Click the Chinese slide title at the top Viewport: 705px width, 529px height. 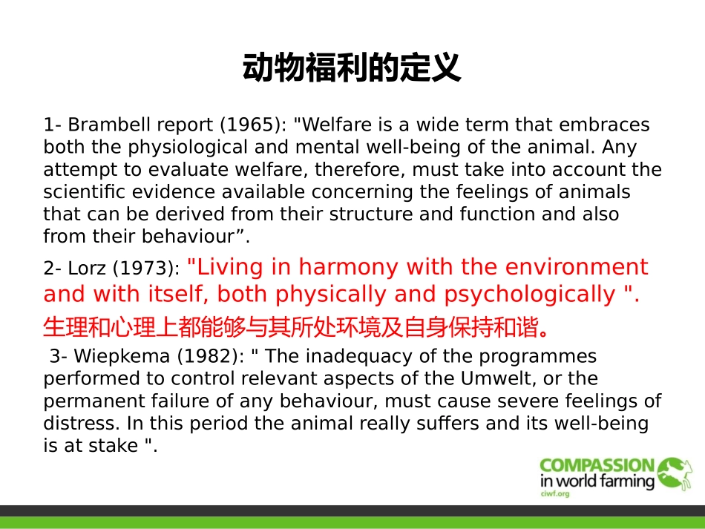(352, 68)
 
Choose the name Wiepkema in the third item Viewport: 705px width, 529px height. (115, 356)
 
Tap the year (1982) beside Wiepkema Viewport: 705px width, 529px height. (211, 356)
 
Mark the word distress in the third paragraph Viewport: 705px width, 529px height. (81, 424)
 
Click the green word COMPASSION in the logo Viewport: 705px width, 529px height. (597, 467)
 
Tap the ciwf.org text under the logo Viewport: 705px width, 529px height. (554, 493)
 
